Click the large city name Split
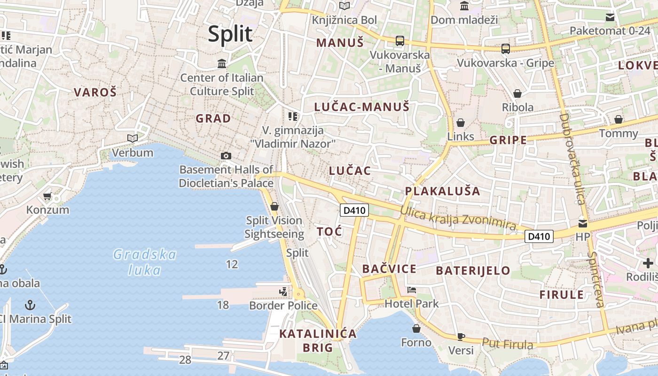230,34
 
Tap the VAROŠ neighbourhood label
95,92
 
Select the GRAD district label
213,118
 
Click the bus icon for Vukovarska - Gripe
506,48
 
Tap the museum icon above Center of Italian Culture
222,63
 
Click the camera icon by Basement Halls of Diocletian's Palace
226,156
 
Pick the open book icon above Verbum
133,138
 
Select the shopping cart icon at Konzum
47,196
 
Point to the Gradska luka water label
145,262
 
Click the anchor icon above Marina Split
30,305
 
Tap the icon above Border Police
283,292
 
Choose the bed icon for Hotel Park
412,290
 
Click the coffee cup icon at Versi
461,337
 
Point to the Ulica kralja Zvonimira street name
458,219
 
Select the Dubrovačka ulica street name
572,159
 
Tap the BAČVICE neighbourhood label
389,269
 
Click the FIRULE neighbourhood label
562,295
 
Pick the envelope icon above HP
583,223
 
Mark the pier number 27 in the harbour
223,356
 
